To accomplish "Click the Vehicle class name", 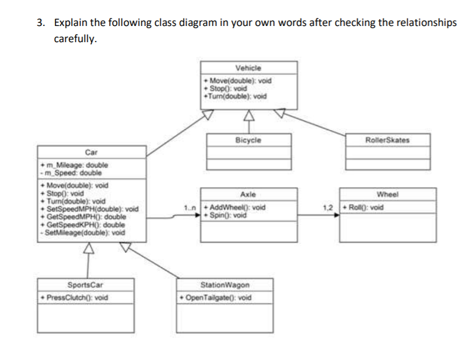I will click(x=249, y=68).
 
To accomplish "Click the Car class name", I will click(x=91, y=153).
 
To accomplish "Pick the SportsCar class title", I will click(x=85, y=285).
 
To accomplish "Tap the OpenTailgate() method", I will click(x=217, y=298).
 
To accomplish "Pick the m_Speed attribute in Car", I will click(x=66, y=172).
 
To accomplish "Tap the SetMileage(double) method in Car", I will click(x=83, y=232).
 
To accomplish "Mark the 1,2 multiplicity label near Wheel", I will click(x=330, y=207).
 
